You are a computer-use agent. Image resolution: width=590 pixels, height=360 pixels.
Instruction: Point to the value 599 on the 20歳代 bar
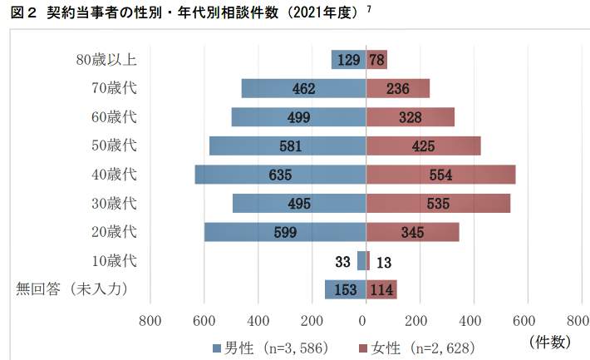[x=285, y=233]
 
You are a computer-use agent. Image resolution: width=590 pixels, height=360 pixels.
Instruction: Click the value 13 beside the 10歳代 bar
[x=384, y=262]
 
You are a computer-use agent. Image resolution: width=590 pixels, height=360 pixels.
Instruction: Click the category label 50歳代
[x=114, y=145]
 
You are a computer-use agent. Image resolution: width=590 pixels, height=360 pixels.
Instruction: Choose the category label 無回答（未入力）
[x=76, y=289]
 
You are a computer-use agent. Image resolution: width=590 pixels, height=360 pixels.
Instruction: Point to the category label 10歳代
[x=114, y=260]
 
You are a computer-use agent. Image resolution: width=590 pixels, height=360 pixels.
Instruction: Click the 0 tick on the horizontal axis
[x=363, y=320]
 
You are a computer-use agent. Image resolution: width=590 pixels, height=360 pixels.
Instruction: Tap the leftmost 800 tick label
[x=150, y=320]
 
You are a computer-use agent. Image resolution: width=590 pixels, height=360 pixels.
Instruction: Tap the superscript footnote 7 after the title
[x=368, y=9]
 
